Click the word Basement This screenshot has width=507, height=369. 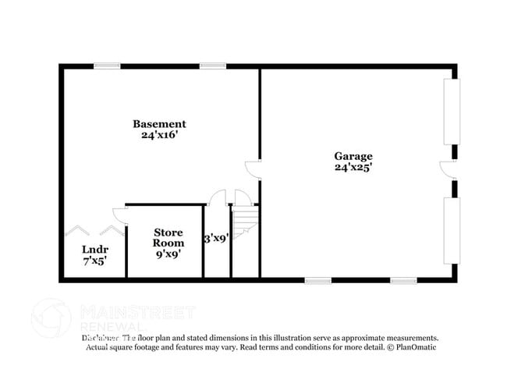coord(159,123)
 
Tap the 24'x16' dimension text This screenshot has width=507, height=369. coord(159,134)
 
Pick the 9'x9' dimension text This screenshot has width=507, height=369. coord(168,254)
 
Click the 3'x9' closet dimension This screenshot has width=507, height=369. coord(216,238)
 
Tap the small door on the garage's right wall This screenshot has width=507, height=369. coord(448,170)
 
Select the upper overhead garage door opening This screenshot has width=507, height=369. coord(451,111)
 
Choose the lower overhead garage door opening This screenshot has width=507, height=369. coord(451,232)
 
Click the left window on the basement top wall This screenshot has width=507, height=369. coord(107,66)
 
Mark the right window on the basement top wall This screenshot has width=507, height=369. coord(212,66)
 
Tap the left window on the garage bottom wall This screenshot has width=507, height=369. coord(318,280)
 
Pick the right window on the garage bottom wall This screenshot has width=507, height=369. coord(403,280)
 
